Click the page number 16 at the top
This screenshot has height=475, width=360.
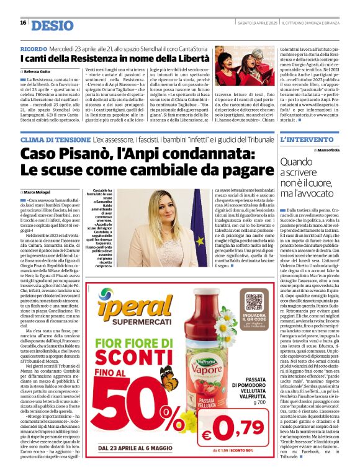tap(23, 23)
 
